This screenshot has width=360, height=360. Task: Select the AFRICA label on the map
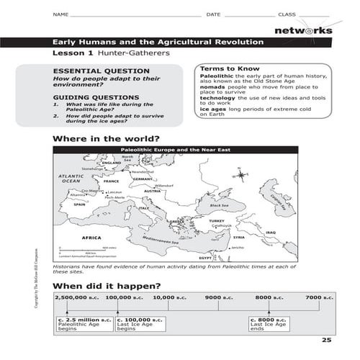click(91, 237)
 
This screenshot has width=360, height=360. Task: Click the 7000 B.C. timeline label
click(319, 297)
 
